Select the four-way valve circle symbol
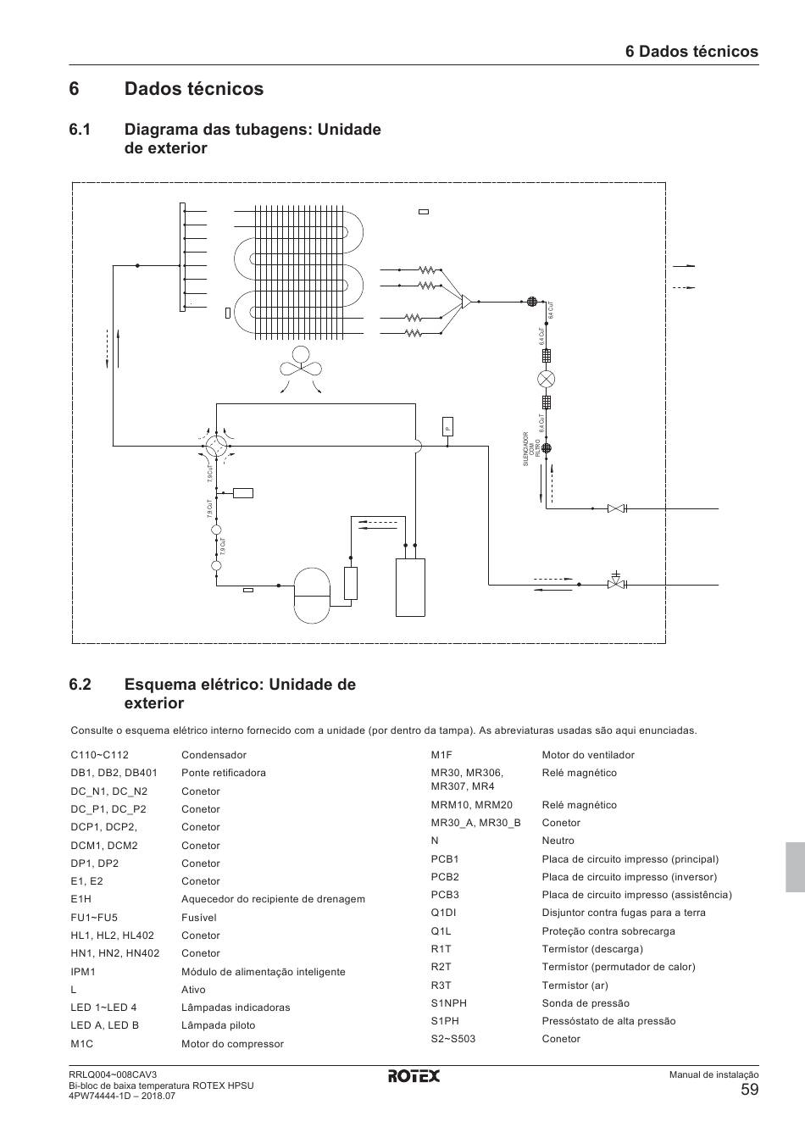pos(216,444)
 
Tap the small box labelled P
pos(447,426)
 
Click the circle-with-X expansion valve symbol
pos(547,379)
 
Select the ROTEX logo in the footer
pos(414,1075)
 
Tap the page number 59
pos(749,1090)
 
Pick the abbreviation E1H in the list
pos(80,899)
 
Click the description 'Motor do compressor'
pos(232,1044)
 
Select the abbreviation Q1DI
pos(444,913)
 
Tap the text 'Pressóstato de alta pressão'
pos(608,1021)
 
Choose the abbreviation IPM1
pos(83,972)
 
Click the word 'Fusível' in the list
pos(199,918)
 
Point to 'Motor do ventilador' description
pos(588,755)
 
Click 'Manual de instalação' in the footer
pos(713,1075)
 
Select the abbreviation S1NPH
pos(448,1003)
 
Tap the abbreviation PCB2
pos(445,877)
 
